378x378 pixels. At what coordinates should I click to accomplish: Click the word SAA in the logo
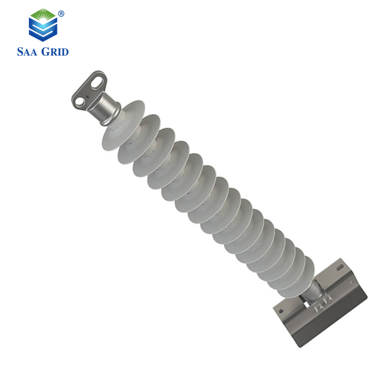(27, 52)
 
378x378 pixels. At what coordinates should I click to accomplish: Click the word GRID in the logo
(55, 52)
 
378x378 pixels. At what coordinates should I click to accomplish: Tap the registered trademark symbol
(61, 14)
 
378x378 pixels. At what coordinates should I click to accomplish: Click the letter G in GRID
(45, 52)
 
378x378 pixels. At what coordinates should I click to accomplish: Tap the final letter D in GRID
(65, 52)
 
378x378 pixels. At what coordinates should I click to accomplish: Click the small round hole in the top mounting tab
(79, 103)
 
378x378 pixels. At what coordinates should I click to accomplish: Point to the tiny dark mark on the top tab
(87, 96)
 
